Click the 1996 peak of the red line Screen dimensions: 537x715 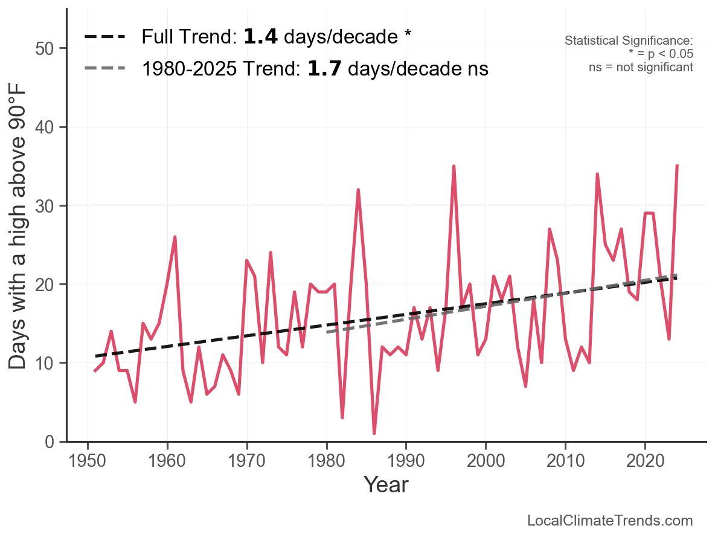(454, 166)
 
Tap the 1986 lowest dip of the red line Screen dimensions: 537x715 (374, 433)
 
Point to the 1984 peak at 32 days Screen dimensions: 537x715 (358, 190)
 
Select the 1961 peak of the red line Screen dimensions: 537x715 (175, 237)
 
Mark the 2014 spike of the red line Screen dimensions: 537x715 (597, 174)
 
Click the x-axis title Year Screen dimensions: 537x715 (386, 485)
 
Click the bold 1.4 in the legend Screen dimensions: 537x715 (261, 37)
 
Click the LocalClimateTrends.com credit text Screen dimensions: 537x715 (610, 521)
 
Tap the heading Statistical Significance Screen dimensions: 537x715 (629, 41)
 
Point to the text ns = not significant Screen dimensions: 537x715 (641, 67)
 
